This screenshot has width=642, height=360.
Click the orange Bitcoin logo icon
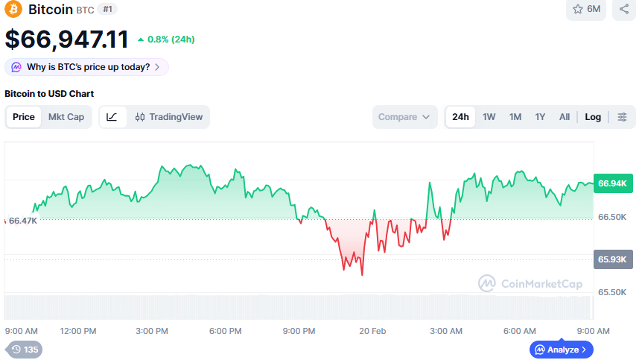point(13,10)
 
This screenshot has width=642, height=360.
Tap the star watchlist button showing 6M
point(587,10)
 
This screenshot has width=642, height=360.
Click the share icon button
point(624,10)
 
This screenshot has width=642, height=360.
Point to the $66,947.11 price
point(67,39)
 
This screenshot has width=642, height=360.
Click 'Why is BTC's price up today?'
point(87,67)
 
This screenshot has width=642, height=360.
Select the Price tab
point(24,117)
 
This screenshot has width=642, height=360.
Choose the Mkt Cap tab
point(66,117)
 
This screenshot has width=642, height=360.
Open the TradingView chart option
point(169,117)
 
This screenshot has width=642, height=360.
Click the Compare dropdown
point(404,117)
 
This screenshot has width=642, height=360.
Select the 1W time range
point(489,117)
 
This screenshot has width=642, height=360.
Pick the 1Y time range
point(540,117)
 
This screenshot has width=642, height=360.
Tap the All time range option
point(565,117)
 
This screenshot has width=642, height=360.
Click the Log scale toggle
point(593,117)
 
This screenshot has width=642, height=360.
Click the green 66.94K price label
point(612,183)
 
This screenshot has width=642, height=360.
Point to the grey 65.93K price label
point(612,260)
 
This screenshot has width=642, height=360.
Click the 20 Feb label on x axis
point(372,331)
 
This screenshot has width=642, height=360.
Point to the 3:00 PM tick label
point(152,331)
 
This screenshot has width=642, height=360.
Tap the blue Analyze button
point(562,350)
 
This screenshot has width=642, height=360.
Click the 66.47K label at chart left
point(23,221)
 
